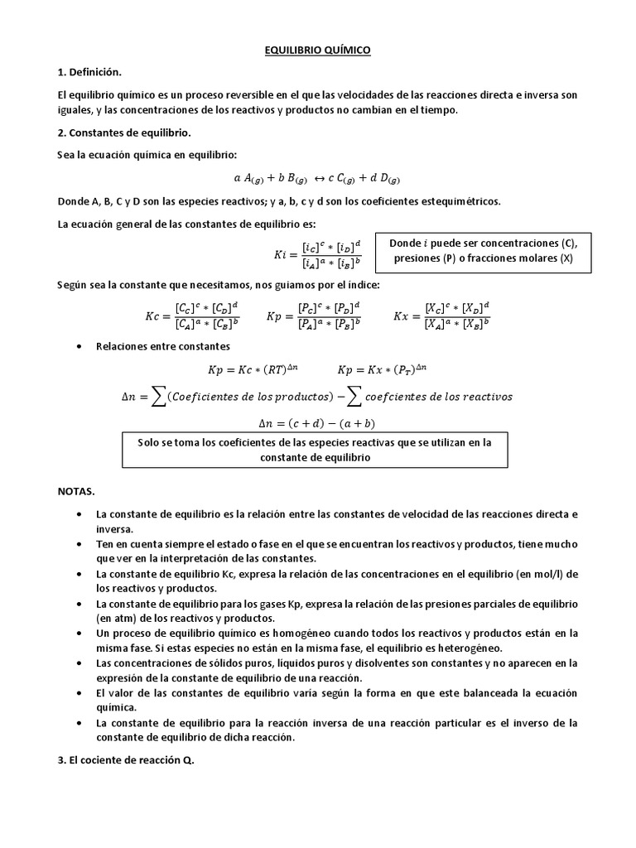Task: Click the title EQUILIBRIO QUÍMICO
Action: [x=317, y=51]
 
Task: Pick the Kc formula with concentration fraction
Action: [x=191, y=316]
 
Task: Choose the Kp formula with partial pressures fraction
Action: [x=314, y=316]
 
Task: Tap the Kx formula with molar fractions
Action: [x=441, y=316]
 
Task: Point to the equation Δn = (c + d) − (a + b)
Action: [x=317, y=422]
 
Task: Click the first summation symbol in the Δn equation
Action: [x=154, y=397]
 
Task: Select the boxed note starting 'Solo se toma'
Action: [x=316, y=450]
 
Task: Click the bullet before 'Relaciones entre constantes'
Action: [x=78, y=345]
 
